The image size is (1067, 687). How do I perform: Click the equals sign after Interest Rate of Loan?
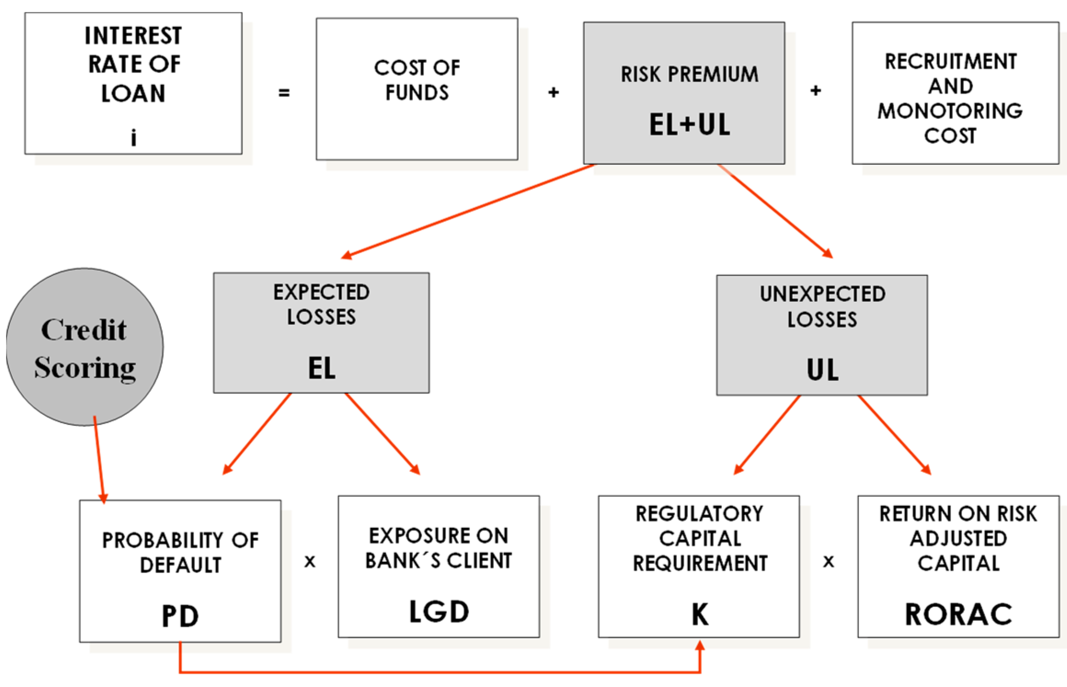coord(284,93)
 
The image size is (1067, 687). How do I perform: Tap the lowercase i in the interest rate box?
coord(133,137)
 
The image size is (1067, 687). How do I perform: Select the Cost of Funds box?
coord(417,89)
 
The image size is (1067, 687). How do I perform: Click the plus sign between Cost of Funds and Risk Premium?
coord(553,92)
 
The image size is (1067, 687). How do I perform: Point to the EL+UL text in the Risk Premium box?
coord(689,125)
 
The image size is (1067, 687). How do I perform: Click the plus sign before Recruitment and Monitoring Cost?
coord(815,91)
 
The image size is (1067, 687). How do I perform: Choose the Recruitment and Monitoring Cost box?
coord(955,93)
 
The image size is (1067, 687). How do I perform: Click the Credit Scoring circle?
coord(85,347)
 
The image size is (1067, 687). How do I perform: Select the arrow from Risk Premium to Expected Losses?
coord(467,210)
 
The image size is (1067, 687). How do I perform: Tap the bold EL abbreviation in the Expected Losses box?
coord(321,369)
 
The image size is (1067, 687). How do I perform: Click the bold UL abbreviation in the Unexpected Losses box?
coord(822,370)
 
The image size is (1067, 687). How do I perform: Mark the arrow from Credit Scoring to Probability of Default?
coord(99,460)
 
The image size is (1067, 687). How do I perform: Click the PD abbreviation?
coord(180,616)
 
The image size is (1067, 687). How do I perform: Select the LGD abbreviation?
coord(439,612)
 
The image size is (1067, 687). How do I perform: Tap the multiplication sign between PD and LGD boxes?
coord(310,561)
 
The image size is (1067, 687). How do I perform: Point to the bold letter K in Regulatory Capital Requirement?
coord(700,614)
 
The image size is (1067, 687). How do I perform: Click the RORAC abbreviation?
coord(958,614)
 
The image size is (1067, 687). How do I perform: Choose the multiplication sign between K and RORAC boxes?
coord(828,561)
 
